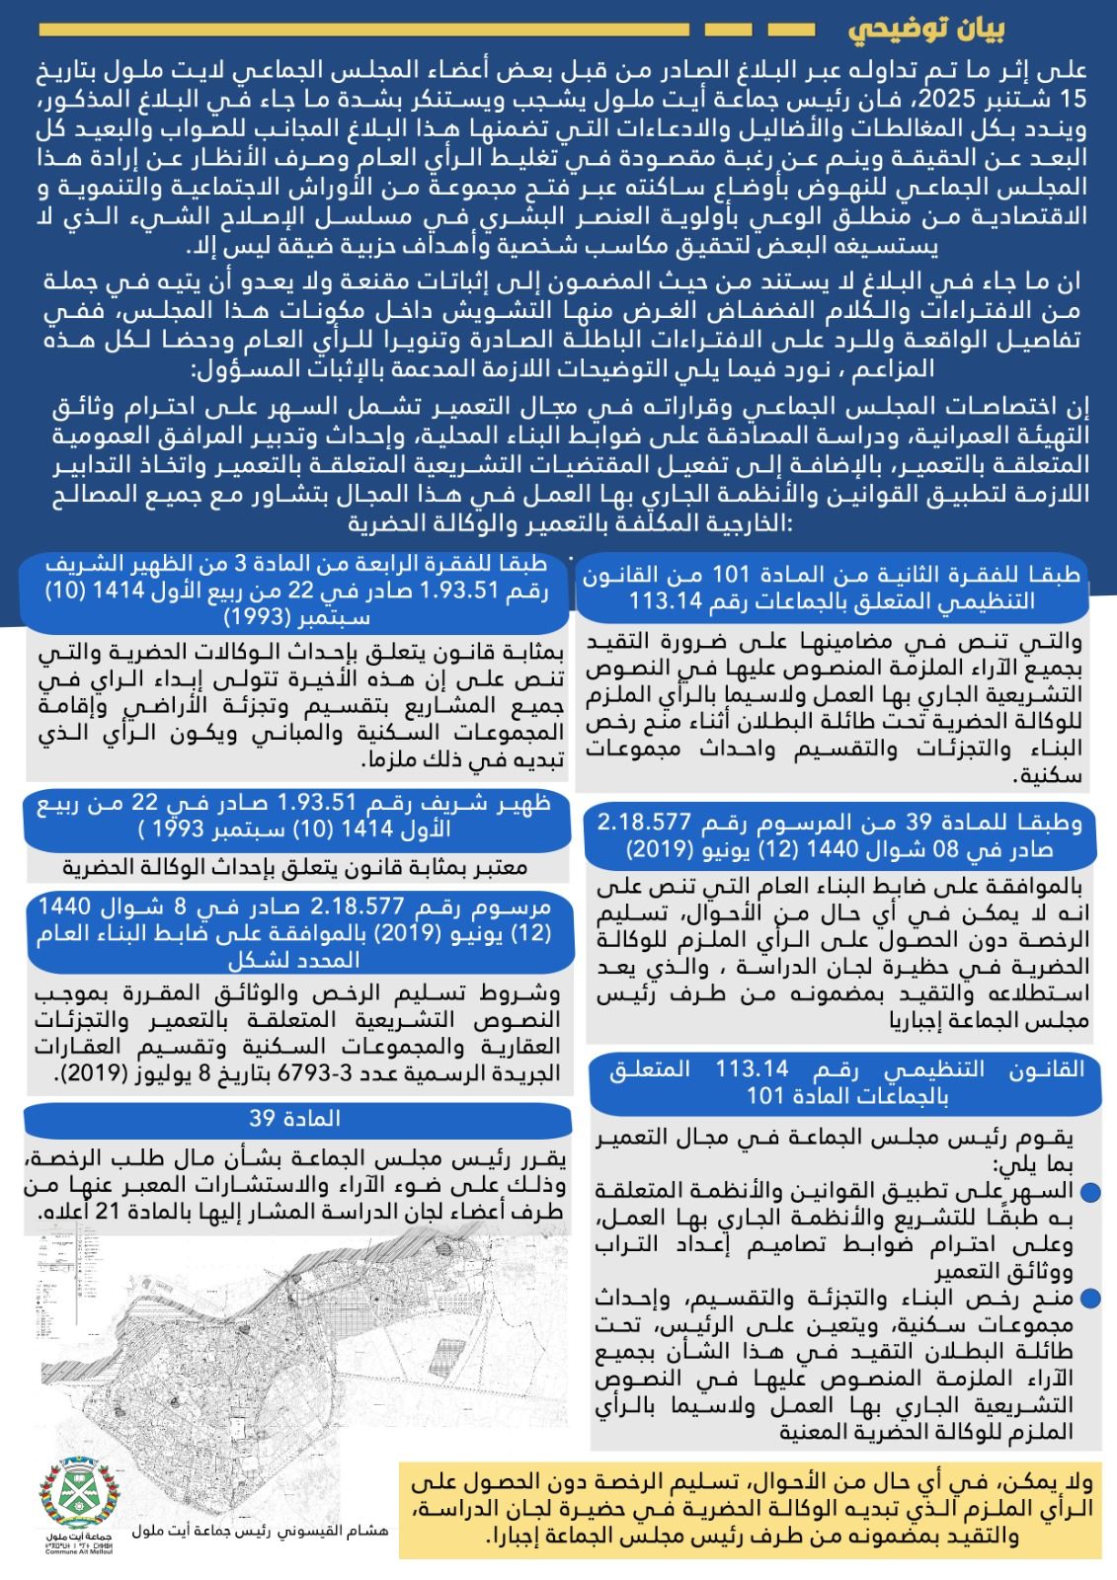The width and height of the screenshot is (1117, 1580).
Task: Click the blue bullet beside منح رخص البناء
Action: [x=1090, y=1298]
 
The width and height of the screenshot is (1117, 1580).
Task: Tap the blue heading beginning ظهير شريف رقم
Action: [x=296, y=814]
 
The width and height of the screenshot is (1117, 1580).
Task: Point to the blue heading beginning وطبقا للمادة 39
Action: [x=838, y=834]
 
